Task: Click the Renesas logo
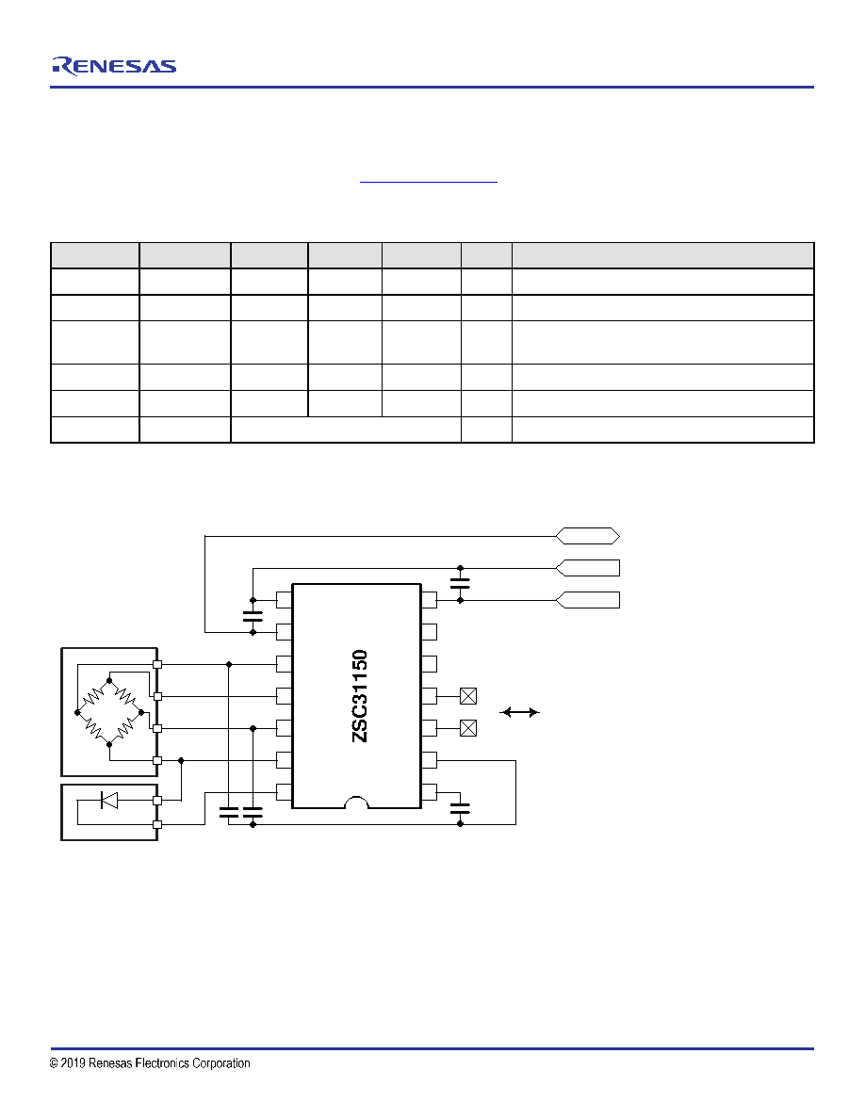113,66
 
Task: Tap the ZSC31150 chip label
360,696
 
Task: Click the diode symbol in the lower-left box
109,800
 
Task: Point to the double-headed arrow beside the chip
519,712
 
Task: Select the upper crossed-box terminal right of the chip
468,696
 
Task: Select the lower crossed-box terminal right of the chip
468,728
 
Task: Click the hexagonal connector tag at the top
587,536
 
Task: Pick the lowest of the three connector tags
587,600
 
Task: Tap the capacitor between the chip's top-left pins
253,616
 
